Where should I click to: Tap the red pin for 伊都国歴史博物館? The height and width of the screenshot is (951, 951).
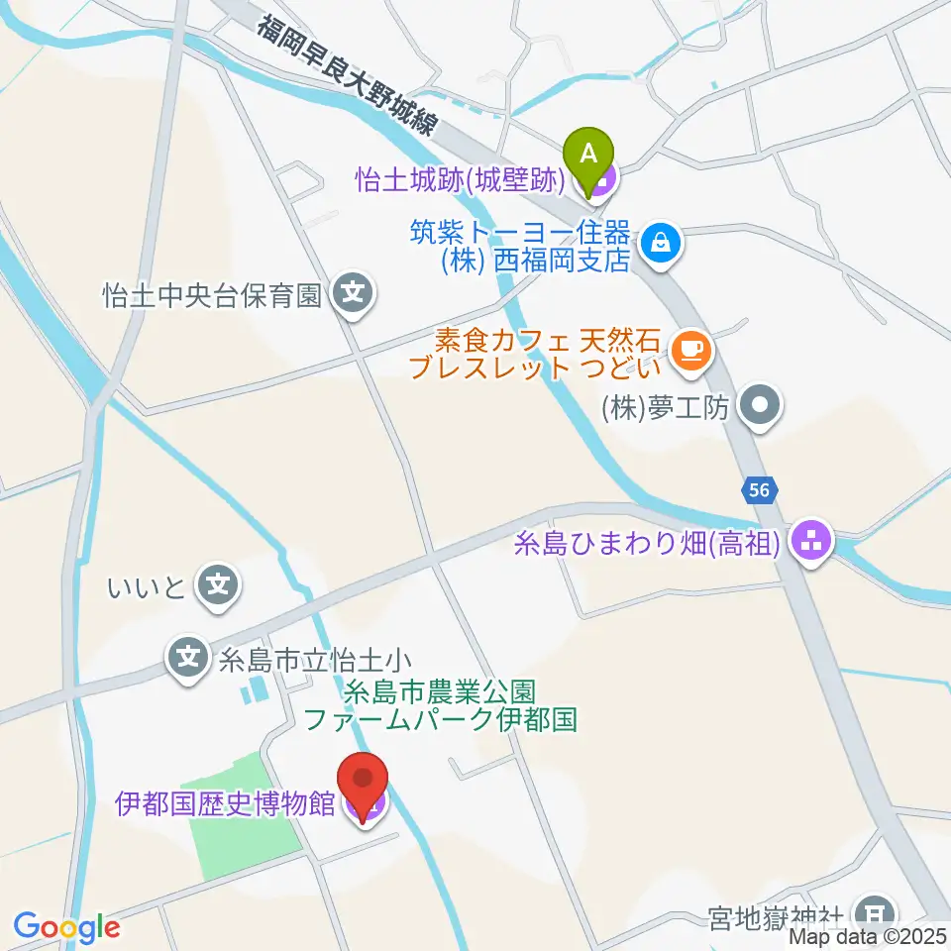[x=364, y=783]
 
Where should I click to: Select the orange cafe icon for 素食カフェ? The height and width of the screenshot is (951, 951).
[x=687, y=350]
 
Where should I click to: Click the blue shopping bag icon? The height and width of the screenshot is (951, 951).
[x=658, y=240]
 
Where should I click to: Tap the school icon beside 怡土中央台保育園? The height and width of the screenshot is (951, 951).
[x=353, y=292]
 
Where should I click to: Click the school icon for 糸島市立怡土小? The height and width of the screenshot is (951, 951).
[x=189, y=655]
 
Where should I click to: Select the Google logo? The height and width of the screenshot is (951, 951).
[x=66, y=927]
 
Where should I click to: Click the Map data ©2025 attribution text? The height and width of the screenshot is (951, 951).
[x=870, y=935]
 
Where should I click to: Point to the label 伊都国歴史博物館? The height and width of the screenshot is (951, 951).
[x=226, y=803]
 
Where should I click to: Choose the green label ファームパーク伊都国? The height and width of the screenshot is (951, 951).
[x=440, y=718]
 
